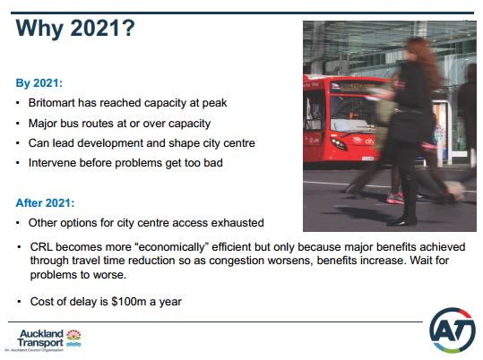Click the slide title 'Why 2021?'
[x=75, y=28]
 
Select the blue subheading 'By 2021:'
[x=39, y=83]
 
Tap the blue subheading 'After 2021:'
[x=45, y=203]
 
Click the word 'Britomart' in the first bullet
[x=51, y=103]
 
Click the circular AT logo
[x=453, y=330]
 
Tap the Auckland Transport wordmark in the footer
[x=40, y=339]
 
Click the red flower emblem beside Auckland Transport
[x=73, y=335]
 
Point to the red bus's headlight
[x=339, y=144]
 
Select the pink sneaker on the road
[x=395, y=198]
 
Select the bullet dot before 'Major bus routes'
[x=18, y=124]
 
